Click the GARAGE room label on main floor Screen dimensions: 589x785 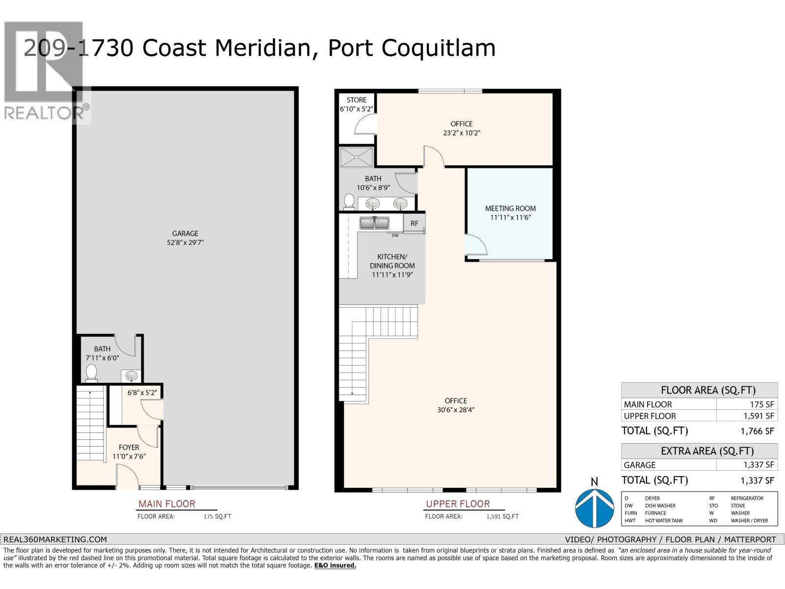point(185,234)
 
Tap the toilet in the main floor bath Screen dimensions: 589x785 point(91,373)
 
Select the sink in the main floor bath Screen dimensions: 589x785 point(131,376)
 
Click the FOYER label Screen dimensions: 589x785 point(129,447)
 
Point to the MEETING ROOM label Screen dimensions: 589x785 point(510,208)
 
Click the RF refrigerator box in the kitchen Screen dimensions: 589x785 point(415,223)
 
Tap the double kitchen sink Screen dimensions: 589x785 point(374,223)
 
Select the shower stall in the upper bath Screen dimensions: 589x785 point(357,158)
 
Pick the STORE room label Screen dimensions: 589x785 point(356,100)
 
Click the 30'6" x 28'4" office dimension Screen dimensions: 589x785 point(456,410)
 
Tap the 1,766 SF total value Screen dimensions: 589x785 point(758,431)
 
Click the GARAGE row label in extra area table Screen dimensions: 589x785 point(640,465)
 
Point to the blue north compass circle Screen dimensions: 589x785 point(594,508)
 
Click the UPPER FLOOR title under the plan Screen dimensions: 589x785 point(458,504)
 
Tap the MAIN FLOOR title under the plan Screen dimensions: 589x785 point(167,504)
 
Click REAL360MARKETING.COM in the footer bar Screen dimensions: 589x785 point(55,539)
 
